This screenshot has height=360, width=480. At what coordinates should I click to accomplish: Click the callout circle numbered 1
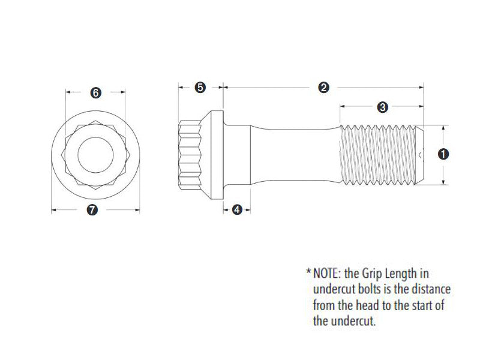pyautogui.click(x=443, y=154)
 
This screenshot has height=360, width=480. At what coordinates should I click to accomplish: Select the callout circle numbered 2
pyautogui.click(x=323, y=88)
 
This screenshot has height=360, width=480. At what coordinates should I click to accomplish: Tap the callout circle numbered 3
pyautogui.click(x=382, y=107)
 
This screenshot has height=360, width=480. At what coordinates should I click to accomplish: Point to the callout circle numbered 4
pyautogui.click(x=237, y=209)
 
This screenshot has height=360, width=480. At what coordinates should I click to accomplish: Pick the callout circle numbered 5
pyautogui.click(x=200, y=88)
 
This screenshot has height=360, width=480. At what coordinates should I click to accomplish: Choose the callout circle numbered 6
pyautogui.click(x=95, y=92)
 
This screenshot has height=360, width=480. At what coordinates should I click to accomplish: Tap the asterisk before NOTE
pyautogui.click(x=308, y=273)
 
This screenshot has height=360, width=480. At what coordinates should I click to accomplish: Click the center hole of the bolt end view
pyautogui.click(x=95, y=154)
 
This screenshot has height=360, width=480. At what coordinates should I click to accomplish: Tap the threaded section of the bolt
pyautogui.click(x=379, y=154)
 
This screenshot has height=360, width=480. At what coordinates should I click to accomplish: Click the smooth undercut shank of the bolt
pyautogui.click(x=294, y=154)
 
